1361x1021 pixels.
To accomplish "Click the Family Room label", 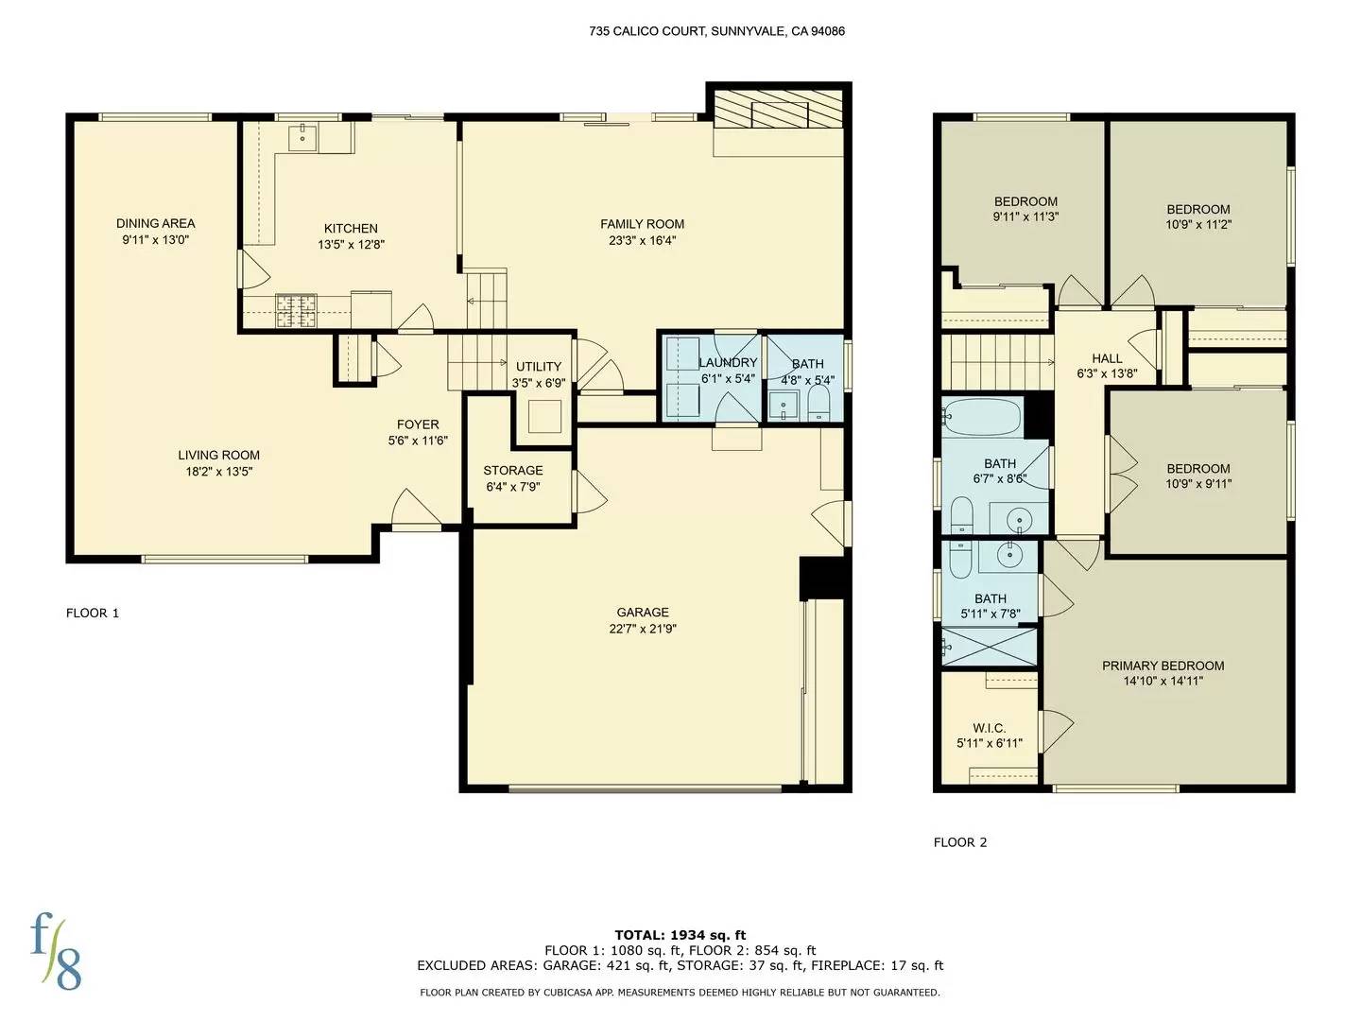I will click(x=642, y=224).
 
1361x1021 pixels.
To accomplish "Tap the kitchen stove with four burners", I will click(x=295, y=311).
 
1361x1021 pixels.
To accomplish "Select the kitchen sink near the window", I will click(x=304, y=138).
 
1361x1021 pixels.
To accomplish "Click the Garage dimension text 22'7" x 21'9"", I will click(x=643, y=629).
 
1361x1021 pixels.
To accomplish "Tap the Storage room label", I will click(x=513, y=470).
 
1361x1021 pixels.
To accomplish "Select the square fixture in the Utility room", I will click(x=544, y=416).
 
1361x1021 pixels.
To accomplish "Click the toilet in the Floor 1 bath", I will click(x=818, y=405).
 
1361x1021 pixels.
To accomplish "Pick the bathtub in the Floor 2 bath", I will click(x=983, y=416).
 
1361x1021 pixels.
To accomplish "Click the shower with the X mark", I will click(x=990, y=647).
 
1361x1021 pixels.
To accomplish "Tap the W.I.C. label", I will click(x=989, y=728).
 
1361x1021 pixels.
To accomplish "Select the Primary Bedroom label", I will click(x=1163, y=666).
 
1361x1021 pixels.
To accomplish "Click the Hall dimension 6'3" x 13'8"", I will click(x=1107, y=373).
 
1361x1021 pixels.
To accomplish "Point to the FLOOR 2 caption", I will click(x=959, y=842).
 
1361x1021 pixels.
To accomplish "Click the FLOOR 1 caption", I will click(x=93, y=613).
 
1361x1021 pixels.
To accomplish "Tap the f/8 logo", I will click(x=56, y=950).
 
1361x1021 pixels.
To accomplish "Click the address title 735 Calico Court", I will click(x=716, y=31).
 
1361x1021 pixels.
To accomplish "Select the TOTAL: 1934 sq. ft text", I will click(x=680, y=935).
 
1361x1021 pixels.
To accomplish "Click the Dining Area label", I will click(x=155, y=223).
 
